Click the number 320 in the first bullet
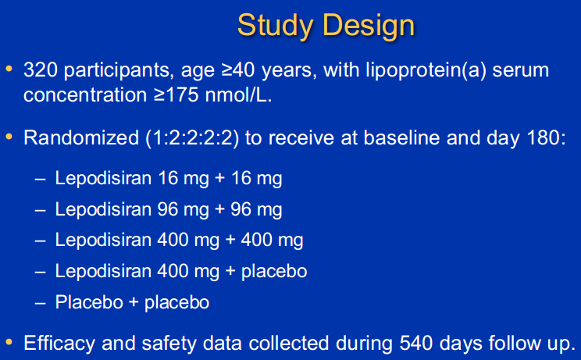tap(39, 71)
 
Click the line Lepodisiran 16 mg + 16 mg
tap(169, 178)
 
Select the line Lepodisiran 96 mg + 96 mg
tap(169, 209)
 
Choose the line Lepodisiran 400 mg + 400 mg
tap(179, 240)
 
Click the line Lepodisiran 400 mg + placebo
tap(181, 271)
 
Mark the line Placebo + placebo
tap(132, 302)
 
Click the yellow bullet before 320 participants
tap(9, 70)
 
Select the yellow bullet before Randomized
tap(9, 137)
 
